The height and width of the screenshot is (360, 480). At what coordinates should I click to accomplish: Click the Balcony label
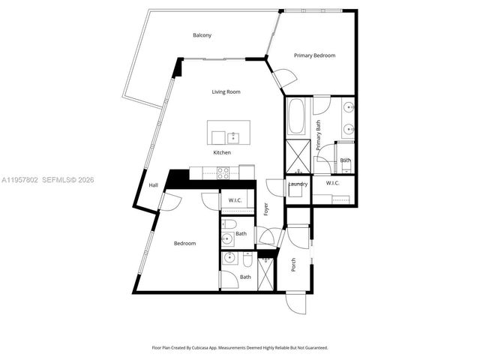[202, 35]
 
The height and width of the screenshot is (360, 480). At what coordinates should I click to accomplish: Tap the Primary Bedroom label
[314, 55]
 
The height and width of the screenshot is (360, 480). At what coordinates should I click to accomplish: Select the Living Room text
[225, 91]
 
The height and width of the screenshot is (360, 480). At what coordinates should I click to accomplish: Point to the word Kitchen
[222, 152]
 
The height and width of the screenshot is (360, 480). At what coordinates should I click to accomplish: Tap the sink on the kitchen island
[233, 137]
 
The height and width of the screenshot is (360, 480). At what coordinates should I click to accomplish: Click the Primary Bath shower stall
[295, 160]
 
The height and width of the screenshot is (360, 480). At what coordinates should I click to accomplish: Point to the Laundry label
[298, 184]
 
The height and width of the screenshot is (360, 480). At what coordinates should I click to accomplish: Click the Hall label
[153, 184]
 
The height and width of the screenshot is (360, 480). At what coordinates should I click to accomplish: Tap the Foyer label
[265, 209]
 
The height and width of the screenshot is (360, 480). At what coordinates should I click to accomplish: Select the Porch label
[293, 265]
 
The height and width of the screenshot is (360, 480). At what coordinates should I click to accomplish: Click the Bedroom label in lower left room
[184, 243]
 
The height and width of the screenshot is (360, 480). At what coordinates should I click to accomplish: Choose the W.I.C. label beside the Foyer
[234, 199]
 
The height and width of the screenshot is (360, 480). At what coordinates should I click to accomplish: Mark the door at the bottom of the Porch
[297, 303]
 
